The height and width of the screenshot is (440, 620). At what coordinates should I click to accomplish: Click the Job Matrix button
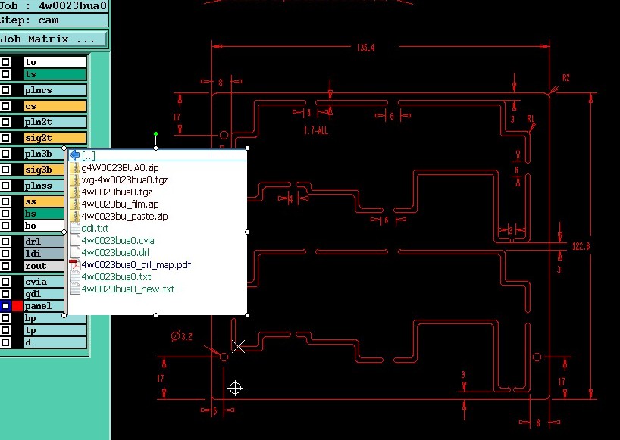(x=53, y=39)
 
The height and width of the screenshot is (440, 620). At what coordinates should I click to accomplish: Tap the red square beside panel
(x=17, y=306)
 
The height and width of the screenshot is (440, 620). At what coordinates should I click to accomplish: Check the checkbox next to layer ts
(x=5, y=74)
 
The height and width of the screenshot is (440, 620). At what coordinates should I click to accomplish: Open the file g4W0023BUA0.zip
(x=120, y=167)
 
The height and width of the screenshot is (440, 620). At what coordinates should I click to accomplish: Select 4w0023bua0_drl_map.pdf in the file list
(x=136, y=265)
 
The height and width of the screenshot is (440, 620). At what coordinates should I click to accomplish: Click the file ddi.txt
(x=95, y=228)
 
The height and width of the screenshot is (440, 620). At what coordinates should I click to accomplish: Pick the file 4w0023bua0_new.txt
(x=127, y=289)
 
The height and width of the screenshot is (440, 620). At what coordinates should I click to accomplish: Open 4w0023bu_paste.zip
(x=124, y=217)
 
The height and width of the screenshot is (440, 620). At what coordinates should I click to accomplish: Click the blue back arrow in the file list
(x=74, y=155)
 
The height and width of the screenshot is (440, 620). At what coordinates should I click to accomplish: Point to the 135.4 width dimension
(x=365, y=48)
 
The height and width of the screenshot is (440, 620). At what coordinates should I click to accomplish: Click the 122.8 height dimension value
(x=581, y=246)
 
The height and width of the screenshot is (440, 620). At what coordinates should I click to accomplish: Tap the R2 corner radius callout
(x=565, y=78)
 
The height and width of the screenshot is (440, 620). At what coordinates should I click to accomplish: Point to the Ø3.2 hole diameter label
(x=182, y=336)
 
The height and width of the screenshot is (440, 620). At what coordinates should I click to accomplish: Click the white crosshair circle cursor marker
(x=235, y=389)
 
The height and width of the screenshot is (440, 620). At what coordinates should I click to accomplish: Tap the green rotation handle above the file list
(x=155, y=134)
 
